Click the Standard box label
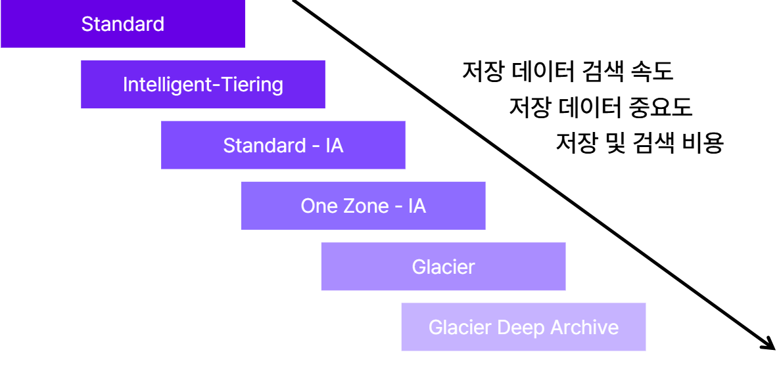tap(123, 24)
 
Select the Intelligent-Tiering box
tap(202, 85)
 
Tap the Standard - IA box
tap(283, 145)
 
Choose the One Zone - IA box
tap(363, 206)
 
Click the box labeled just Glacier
tap(443, 267)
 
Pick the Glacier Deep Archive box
tap(523, 327)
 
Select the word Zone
tap(361, 206)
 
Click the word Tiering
tap(252, 85)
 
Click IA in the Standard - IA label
tap(334, 145)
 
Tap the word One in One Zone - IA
tap(318, 206)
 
